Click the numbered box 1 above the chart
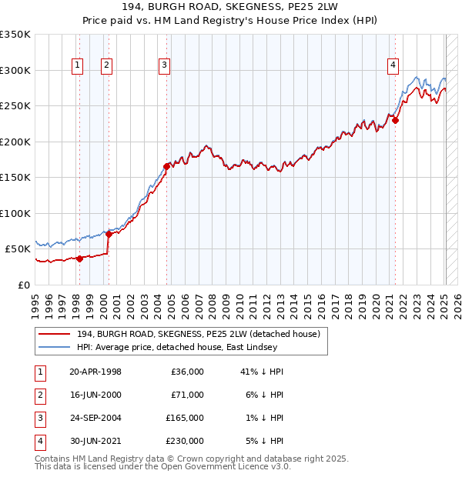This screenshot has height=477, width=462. [x=79, y=66]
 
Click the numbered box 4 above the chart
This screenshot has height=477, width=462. [x=393, y=66]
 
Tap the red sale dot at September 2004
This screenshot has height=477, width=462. [x=166, y=165]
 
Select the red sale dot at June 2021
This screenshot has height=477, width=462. [x=395, y=120]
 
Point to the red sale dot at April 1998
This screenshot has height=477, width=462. [x=79, y=259]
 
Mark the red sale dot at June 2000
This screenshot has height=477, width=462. [x=109, y=234]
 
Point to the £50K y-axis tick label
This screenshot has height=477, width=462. [x=18, y=249]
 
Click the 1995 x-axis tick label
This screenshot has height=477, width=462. [x=35, y=301]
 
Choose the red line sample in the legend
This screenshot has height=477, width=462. [x=55, y=334]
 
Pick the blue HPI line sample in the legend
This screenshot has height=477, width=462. [x=55, y=347]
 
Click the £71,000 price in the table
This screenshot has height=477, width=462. [x=188, y=394]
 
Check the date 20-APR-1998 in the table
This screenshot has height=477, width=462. [x=95, y=371]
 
